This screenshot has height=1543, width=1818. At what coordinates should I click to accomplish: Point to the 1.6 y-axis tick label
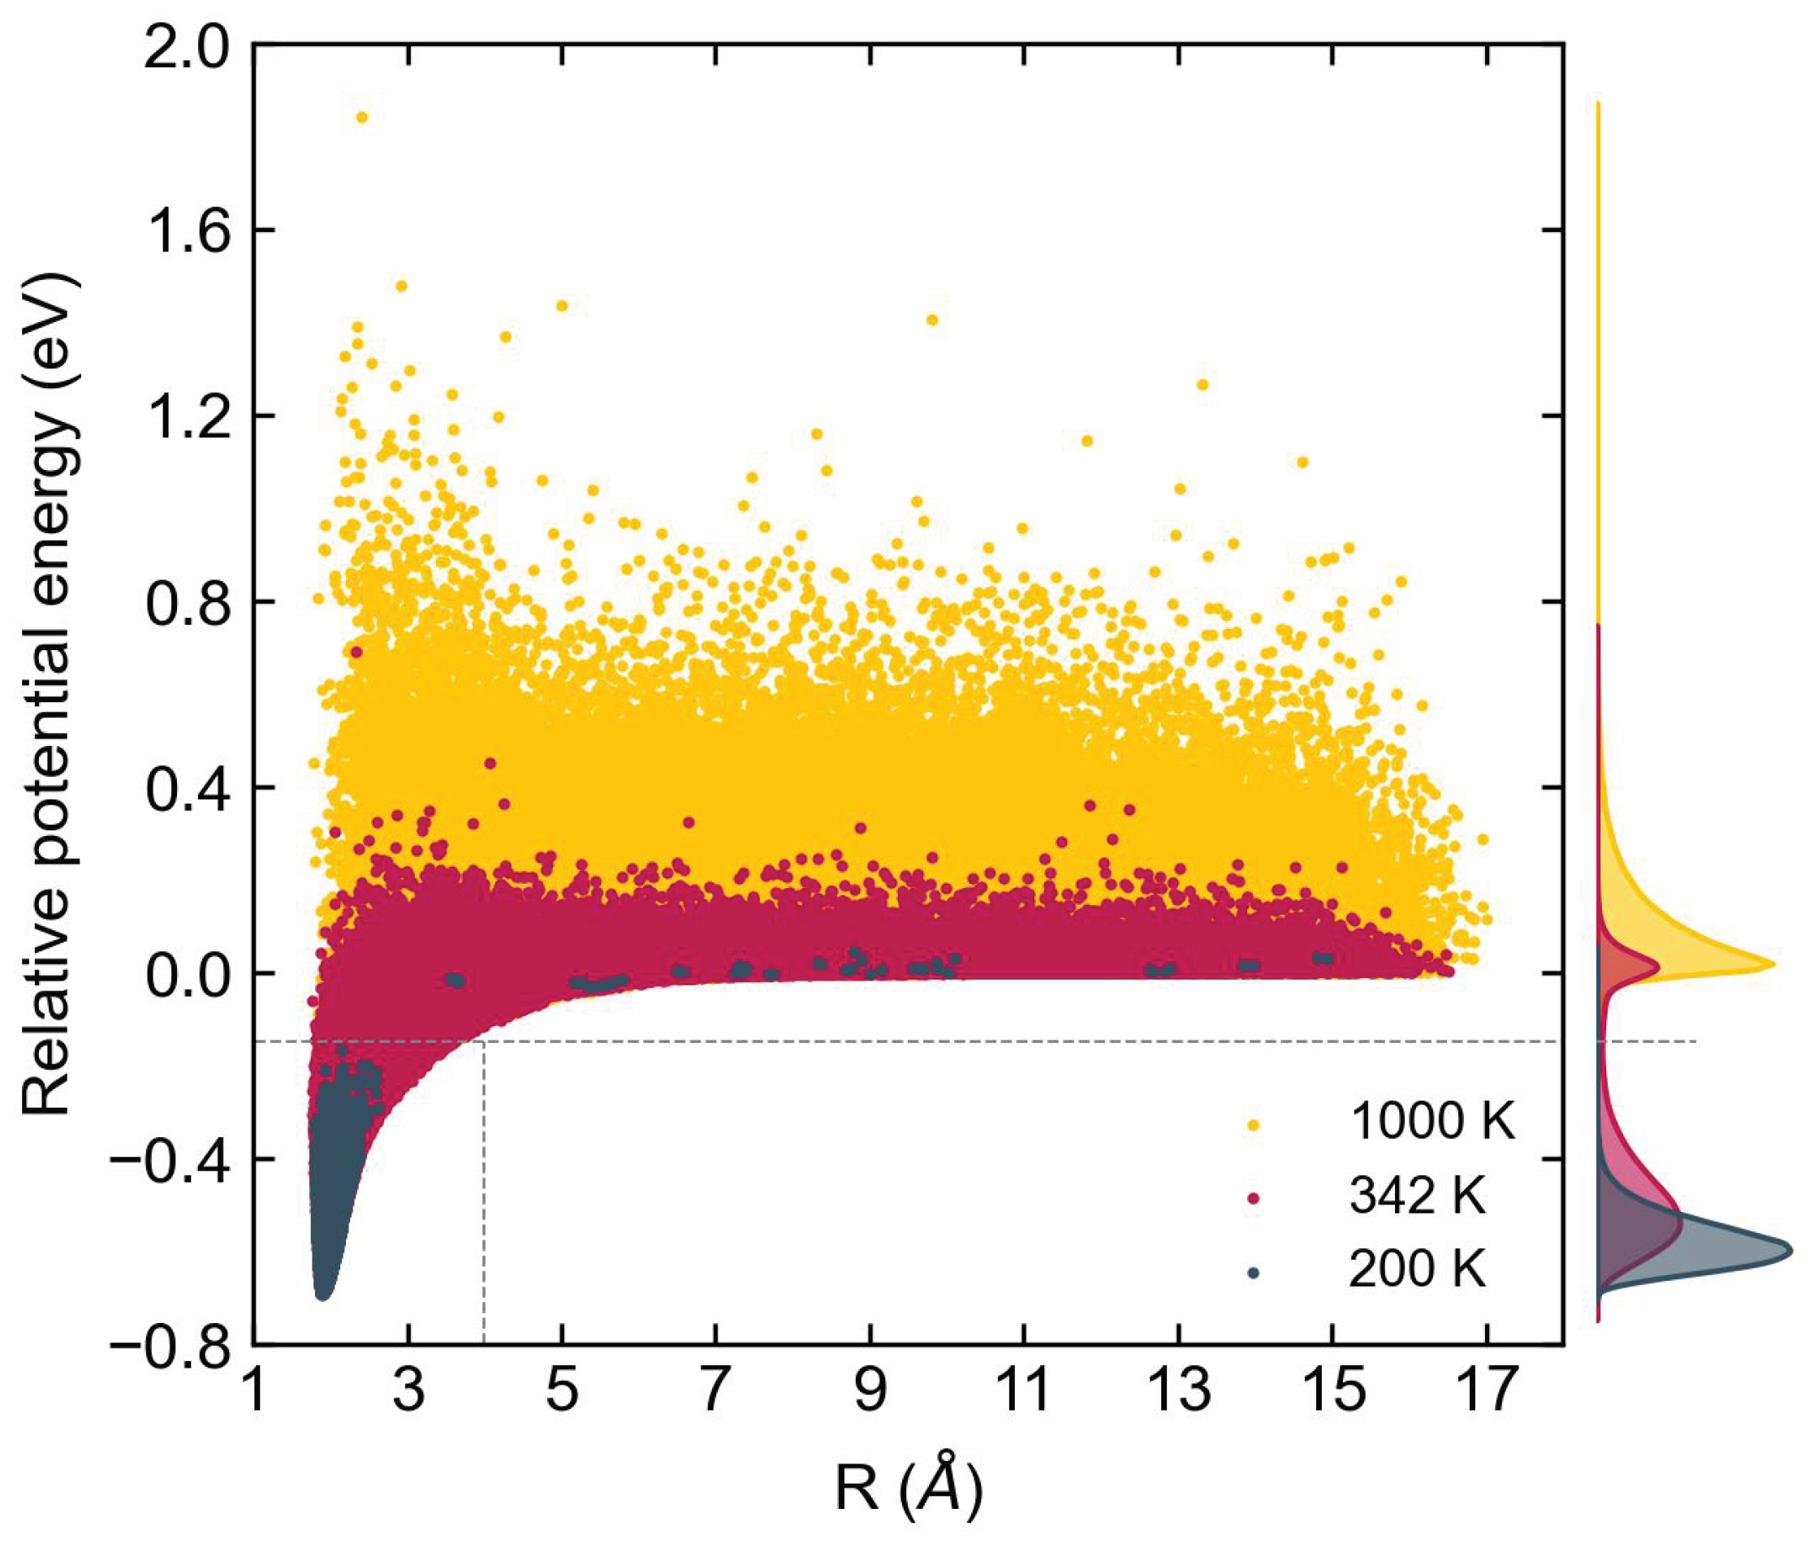coord(184,231)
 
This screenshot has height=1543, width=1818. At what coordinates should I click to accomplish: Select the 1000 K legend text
coord(1432,1122)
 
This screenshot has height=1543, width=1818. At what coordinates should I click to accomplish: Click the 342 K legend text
coord(1418,1196)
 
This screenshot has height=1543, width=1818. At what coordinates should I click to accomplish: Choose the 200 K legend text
coord(1418,1269)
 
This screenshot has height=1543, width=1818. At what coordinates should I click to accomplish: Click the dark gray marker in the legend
coord(1254,1273)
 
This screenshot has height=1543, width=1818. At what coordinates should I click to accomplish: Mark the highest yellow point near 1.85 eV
coord(361,117)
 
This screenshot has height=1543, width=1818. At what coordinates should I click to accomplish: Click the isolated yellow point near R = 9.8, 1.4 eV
coord(932,320)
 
